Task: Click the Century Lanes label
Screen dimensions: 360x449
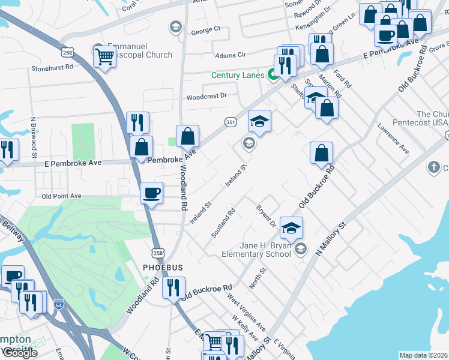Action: (238, 76)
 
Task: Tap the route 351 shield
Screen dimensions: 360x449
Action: (230, 121)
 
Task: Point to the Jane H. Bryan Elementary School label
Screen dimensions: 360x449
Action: (256, 249)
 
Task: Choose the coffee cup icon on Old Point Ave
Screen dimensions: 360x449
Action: (151, 193)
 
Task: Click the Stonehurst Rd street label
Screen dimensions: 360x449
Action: (52, 68)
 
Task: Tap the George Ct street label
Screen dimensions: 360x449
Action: (206, 29)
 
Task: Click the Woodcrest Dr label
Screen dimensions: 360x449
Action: (206, 96)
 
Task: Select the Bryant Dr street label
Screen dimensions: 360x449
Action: (265, 216)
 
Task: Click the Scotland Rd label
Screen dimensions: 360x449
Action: (223, 223)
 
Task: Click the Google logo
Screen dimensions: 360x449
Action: (19, 353)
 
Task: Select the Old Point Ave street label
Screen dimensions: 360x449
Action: (61, 196)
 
